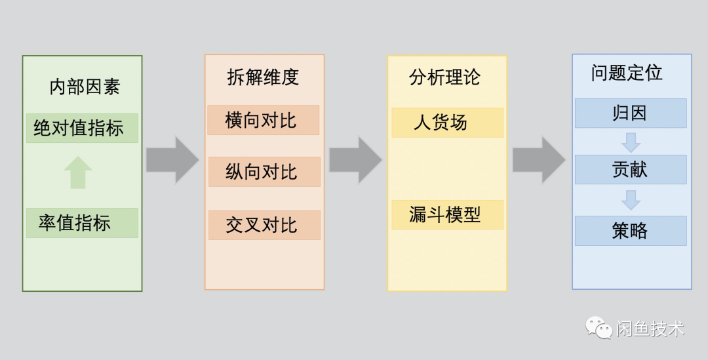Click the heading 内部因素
click(85, 87)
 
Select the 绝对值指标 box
click(82, 128)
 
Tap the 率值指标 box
click(82, 223)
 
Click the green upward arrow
click(78, 172)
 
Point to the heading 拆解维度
click(263, 77)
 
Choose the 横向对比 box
click(263, 120)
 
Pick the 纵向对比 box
click(264, 172)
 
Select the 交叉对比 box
click(264, 225)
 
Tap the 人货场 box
click(447, 123)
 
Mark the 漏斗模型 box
click(447, 214)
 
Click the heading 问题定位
click(627, 73)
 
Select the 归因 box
click(630, 113)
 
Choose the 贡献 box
click(630, 169)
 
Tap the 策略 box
click(630, 231)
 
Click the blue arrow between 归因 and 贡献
click(631, 142)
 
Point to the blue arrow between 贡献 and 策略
click(631, 199)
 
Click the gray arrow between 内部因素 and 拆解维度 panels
click(172, 160)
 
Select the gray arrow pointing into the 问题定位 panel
click(538, 160)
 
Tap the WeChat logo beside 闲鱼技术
click(598, 327)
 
